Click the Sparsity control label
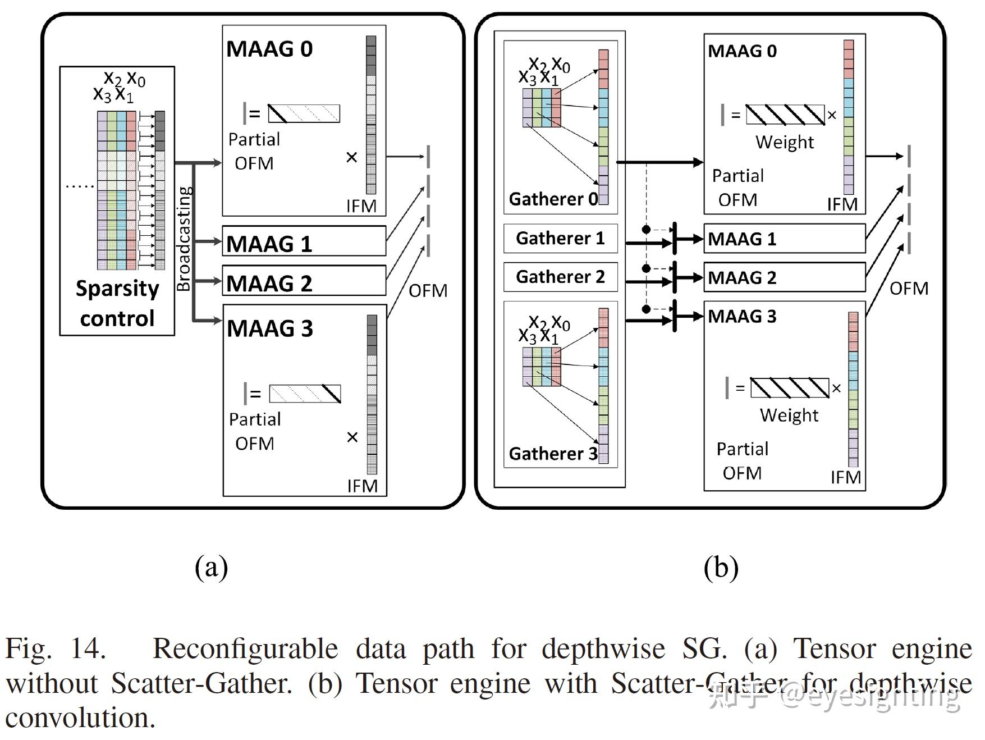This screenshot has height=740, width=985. point(117,303)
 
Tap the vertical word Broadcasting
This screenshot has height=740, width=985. point(184,239)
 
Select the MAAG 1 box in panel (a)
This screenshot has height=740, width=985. point(304,241)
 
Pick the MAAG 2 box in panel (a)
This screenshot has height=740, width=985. point(304,280)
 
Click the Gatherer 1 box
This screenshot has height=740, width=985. point(561,238)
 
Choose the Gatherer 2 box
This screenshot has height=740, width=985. point(561,277)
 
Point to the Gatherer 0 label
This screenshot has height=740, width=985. point(553,199)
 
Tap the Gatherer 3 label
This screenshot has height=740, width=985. point(553,453)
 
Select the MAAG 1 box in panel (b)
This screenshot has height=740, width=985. point(785,239)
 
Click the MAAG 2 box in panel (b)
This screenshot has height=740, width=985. point(785,277)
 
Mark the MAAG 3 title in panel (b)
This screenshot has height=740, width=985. point(742,316)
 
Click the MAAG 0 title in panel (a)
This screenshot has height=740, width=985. point(269,49)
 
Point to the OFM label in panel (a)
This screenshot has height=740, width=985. point(428,291)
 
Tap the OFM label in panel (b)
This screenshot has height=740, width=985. point(909,289)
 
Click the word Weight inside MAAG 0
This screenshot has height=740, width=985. point(785,142)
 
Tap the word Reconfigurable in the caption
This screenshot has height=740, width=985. point(245,649)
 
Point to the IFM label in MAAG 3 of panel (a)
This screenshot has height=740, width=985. point(362,486)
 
